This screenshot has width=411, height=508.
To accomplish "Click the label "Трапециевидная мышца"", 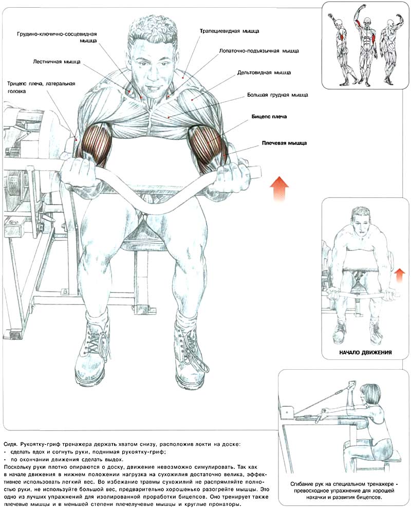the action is pos(229,31).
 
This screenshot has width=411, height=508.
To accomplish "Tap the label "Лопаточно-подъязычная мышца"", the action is pos(259,51).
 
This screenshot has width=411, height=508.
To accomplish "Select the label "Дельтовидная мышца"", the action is pos(264,73).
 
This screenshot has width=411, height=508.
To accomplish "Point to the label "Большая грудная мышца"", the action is pos(277,95).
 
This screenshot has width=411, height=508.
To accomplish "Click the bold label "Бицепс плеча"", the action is pos(269,117).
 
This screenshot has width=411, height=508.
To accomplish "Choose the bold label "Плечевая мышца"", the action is pos(284,143).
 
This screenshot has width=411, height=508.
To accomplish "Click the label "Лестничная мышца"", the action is pos(57,62).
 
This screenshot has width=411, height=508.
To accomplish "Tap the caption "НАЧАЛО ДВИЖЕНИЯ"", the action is pos(365,352).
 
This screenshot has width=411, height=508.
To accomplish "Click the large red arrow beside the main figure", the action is pos(279,189).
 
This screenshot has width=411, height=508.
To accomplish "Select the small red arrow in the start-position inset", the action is pos(400,275).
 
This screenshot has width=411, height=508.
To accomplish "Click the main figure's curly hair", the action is pos(153,31).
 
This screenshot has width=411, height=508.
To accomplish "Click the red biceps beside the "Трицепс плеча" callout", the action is pos(96,142).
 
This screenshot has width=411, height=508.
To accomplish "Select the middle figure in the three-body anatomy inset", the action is pos(366,45).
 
